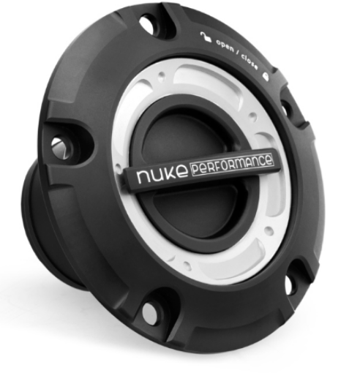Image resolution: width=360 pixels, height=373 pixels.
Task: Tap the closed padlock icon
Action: (264, 72)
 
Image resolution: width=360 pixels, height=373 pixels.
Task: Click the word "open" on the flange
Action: (223, 45)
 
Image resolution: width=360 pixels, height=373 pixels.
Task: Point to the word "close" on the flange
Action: (248, 59)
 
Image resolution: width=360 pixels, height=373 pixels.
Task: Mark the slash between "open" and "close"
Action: (236, 51)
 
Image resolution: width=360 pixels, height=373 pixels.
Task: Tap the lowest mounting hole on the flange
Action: (150, 314)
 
